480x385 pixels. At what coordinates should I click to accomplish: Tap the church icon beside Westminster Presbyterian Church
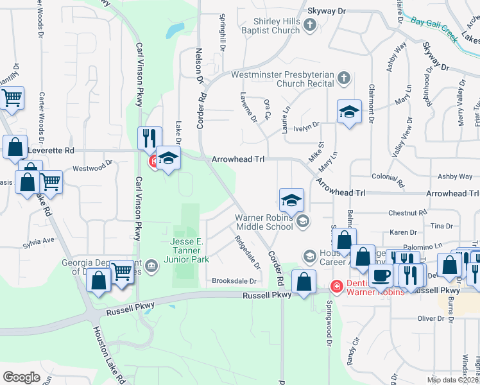tap(344, 78)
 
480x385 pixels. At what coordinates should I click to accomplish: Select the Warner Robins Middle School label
tap(264, 221)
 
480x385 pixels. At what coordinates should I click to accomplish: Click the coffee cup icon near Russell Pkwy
tap(381, 276)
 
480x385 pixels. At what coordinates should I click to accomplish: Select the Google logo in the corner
tap(21, 377)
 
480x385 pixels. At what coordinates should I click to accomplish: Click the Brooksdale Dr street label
tap(234, 281)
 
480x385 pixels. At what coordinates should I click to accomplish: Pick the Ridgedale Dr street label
tap(247, 252)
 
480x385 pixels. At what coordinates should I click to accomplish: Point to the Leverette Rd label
tap(56, 150)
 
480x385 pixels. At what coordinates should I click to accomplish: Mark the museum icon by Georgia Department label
tap(151, 266)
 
